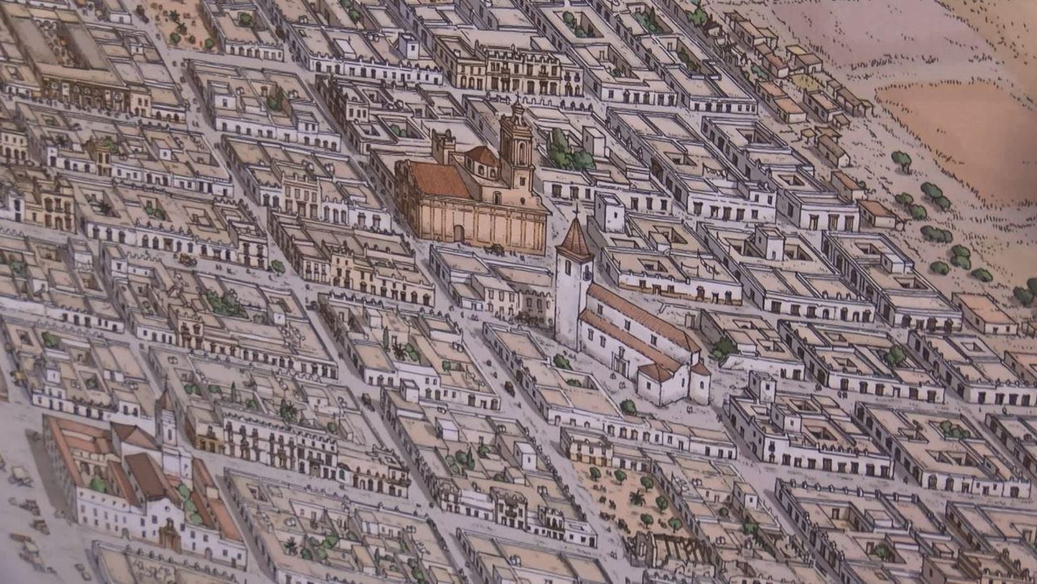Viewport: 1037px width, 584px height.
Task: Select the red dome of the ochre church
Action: coord(482,156)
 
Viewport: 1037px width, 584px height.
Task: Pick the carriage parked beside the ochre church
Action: coord(495,249)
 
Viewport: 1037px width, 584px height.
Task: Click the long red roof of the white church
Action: coord(638,318)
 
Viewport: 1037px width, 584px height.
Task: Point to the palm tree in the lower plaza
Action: coord(638,498)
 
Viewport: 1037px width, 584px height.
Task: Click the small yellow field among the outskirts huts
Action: coord(804,81)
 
